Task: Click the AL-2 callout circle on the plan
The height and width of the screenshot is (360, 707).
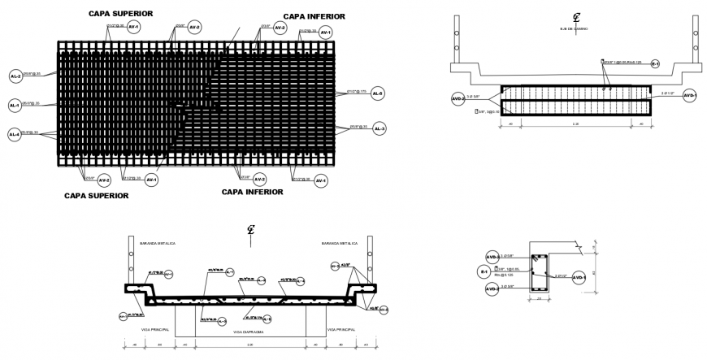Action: (x=15, y=76)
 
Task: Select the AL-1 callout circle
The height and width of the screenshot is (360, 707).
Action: (x=15, y=106)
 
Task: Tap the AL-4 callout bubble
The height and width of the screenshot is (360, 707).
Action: (x=15, y=134)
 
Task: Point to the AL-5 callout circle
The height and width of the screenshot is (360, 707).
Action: (x=378, y=94)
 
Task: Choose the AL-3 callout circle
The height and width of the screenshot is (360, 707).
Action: (x=379, y=128)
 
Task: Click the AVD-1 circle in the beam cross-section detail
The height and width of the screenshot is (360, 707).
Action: (x=579, y=277)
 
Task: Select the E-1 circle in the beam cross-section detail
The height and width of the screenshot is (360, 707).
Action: (x=484, y=271)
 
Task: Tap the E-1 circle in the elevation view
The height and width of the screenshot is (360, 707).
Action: (x=655, y=63)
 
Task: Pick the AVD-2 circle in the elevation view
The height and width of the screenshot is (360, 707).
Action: (x=458, y=99)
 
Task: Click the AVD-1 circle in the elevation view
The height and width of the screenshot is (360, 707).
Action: (x=690, y=95)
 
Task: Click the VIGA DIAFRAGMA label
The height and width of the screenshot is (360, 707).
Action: (x=250, y=332)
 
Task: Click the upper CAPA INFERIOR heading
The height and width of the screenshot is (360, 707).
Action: (x=314, y=16)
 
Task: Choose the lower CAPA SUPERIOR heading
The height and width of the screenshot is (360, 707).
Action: (x=96, y=195)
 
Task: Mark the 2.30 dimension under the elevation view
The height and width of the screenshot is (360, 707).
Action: (x=576, y=124)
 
